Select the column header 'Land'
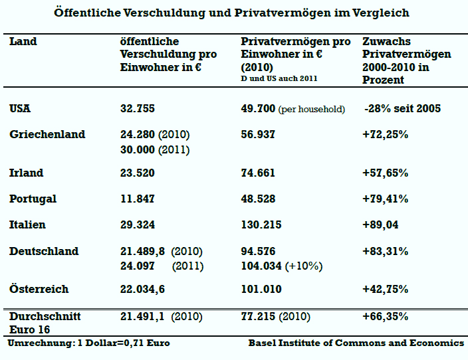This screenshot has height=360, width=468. click(x=23, y=42)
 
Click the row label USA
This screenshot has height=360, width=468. click(x=21, y=109)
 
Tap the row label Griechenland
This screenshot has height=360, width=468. click(x=47, y=135)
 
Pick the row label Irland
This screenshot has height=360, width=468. click(x=27, y=173)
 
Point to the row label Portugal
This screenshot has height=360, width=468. click(x=33, y=199)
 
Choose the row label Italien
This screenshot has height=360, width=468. click(x=28, y=225)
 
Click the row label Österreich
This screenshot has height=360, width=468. click(x=39, y=290)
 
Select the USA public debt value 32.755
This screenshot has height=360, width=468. click(x=138, y=109)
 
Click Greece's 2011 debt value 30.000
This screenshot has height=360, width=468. click(x=154, y=150)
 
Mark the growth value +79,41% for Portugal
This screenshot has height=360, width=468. click(x=386, y=199)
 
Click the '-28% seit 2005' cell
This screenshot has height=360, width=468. click(x=402, y=109)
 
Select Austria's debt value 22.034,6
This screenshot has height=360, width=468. click(x=144, y=290)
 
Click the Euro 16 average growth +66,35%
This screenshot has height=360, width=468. click(x=386, y=317)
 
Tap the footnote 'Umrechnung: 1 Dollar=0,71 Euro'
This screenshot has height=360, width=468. click(x=89, y=343)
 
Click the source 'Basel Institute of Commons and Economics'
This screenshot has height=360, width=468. click(x=356, y=343)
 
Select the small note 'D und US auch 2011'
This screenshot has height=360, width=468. click(x=279, y=78)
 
